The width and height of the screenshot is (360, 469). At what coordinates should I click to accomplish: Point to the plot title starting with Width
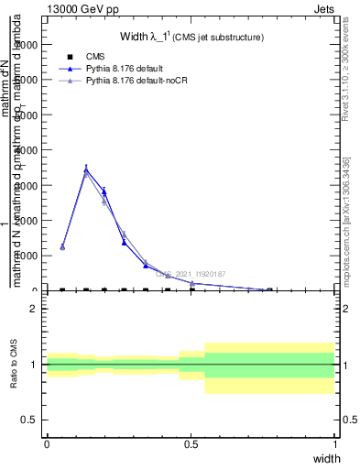pyautogui.click(x=191, y=38)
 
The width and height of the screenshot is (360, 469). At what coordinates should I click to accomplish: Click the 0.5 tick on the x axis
pyautogui.click(x=191, y=444)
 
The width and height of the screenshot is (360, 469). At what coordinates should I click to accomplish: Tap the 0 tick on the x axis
pyautogui.click(x=47, y=444)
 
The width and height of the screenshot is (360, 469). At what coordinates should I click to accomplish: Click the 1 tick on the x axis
pyautogui.click(x=335, y=444)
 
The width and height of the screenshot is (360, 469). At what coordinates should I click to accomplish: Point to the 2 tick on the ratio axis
pyautogui.click(x=35, y=309)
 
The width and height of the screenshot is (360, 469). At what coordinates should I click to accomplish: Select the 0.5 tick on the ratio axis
pyautogui.click(x=30, y=420)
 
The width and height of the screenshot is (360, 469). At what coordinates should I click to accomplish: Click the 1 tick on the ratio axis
pyautogui.click(x=35, y=365)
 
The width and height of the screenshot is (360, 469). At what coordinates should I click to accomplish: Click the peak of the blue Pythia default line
pyautogui.click(x=86, y=169)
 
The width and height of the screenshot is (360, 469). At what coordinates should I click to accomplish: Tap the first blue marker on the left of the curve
pyautogui.click(x=62, y=247)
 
